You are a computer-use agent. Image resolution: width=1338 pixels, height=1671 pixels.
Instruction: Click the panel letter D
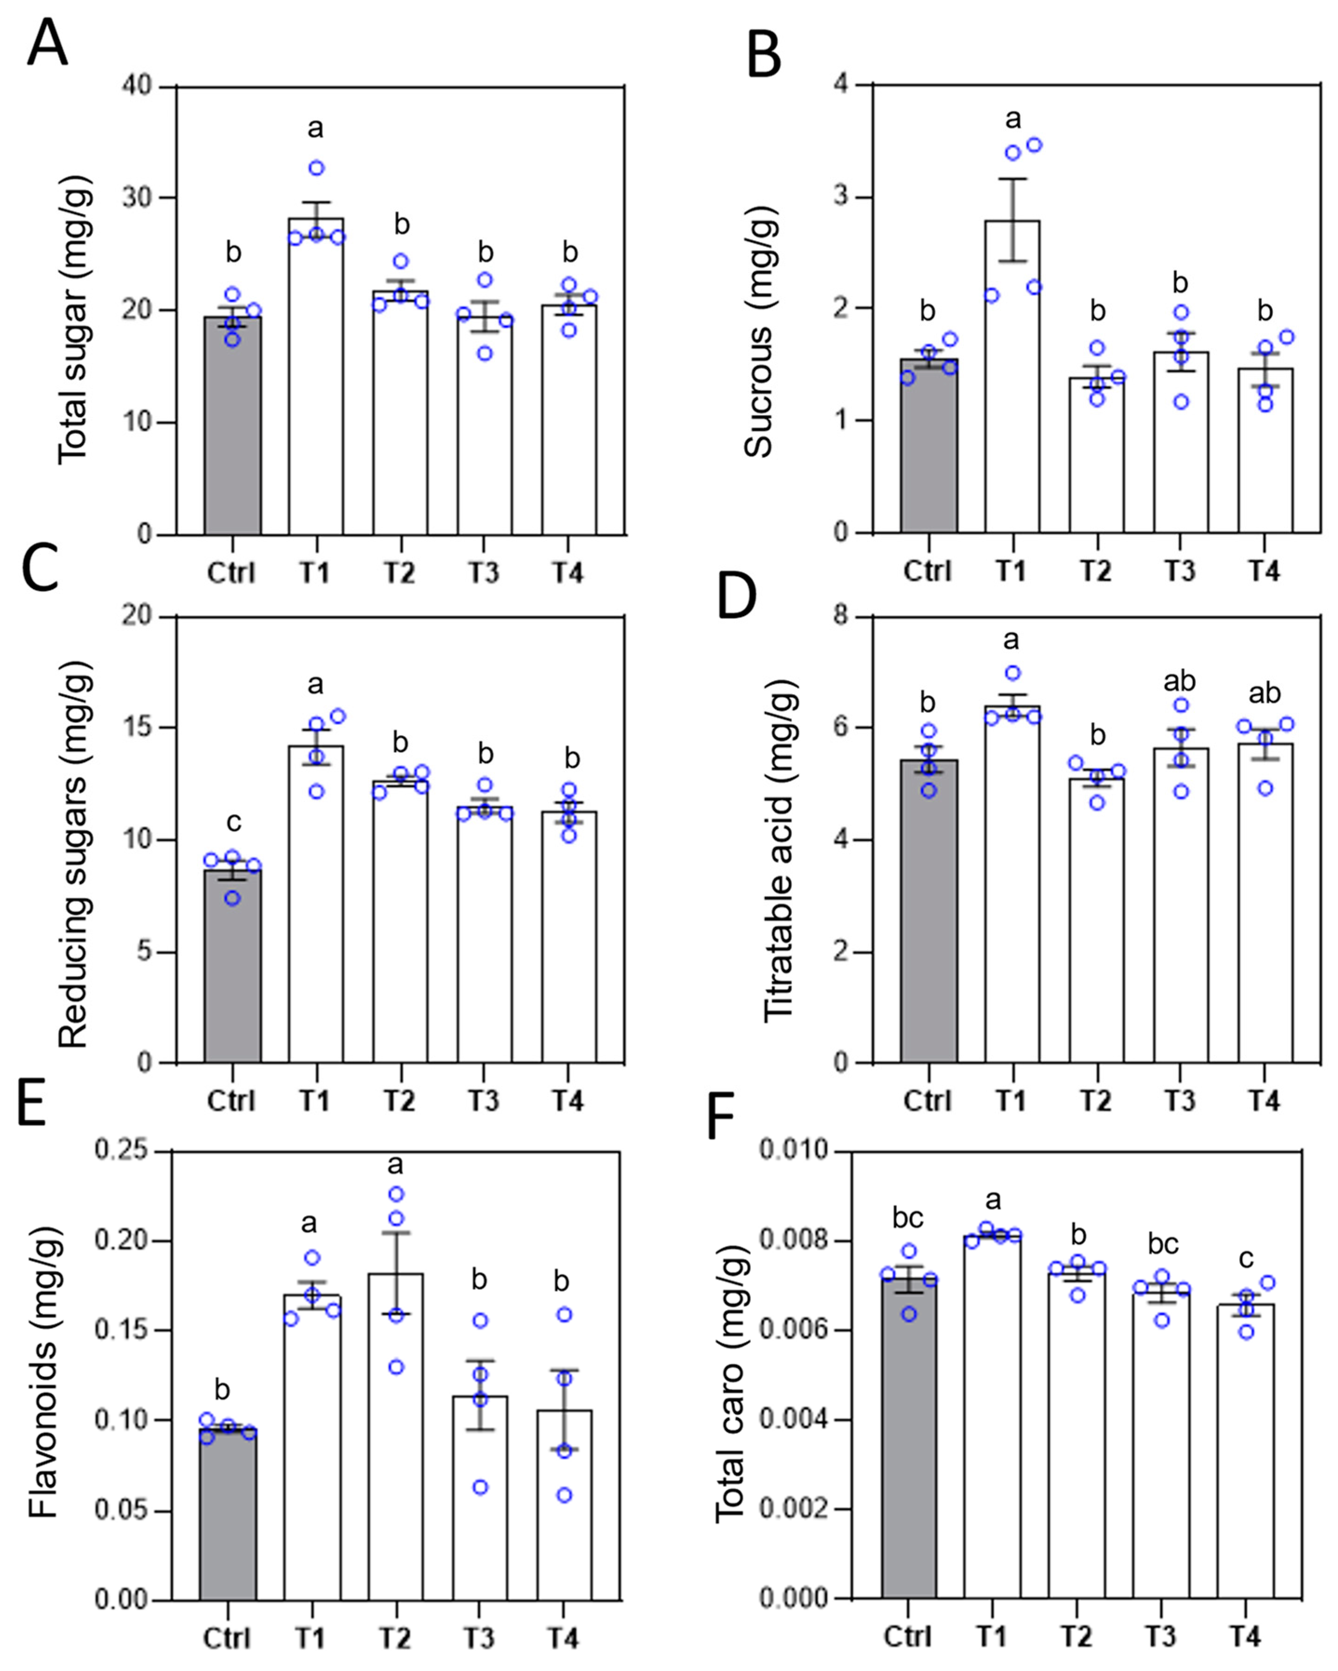[736, 597]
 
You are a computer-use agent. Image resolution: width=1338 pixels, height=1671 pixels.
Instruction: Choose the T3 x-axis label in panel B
[1180, 571]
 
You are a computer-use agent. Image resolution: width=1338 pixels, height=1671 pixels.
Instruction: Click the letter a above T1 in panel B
[1013, 119]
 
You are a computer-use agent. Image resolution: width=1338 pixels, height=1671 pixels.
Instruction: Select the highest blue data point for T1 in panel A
[316, 168]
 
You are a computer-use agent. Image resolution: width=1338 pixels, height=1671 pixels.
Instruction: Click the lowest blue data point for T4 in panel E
[565, 1495]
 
